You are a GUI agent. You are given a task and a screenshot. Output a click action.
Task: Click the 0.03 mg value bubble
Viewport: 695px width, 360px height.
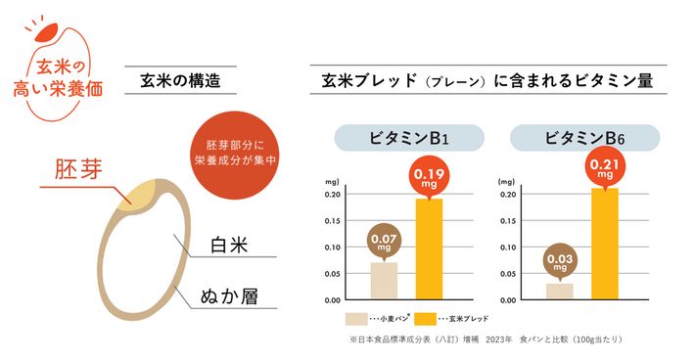click(x=559, y=258)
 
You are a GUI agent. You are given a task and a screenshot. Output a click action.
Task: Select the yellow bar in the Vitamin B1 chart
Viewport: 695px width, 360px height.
click(x=429, y=249)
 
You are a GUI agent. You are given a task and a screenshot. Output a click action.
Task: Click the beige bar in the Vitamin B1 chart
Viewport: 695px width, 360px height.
click(x=384, y=281)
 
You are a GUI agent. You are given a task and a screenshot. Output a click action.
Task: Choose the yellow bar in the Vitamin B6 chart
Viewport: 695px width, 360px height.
click(x=604, y=244)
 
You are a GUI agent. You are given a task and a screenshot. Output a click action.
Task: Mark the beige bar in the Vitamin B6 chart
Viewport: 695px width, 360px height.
click(x=560, y=291)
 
